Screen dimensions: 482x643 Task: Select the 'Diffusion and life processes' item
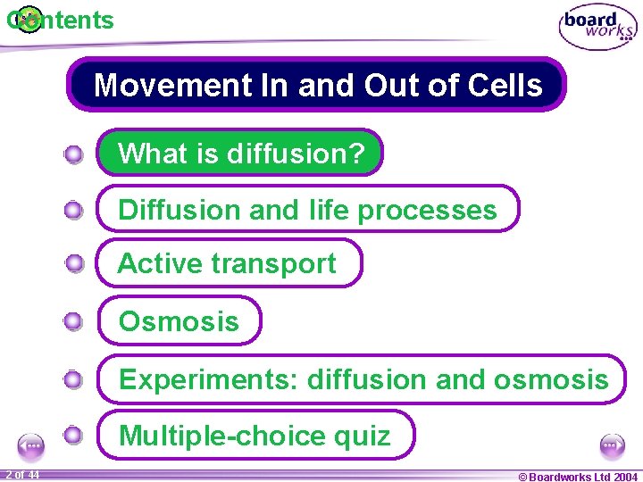[x=306, y=210]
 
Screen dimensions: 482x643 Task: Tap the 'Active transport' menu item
[x=228, y=264]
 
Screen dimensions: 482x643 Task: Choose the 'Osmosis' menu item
[x=179, y=321]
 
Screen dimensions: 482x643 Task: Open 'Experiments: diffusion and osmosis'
[x=362, y=379]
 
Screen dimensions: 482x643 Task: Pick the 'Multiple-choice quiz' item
[x=255, y=436]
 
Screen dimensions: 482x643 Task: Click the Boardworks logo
[x=597, y=27]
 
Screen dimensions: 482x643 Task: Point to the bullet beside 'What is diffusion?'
[x=74, y=154]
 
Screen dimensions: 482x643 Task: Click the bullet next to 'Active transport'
[x=74, y=263]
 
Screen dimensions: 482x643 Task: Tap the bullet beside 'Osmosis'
[x=74, y=321]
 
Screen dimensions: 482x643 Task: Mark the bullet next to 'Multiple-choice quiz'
[x=74, y=436]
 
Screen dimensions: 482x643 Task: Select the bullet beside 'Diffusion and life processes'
[x=74, y=211]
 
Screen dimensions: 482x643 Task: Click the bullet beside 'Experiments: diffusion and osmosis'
[x=74, y=379]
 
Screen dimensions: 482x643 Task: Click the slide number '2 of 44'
[x=21, y=475]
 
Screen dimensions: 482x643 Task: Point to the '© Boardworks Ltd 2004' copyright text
[x=578, y=476]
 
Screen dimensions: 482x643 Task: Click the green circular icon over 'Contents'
[x=29, y=18]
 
